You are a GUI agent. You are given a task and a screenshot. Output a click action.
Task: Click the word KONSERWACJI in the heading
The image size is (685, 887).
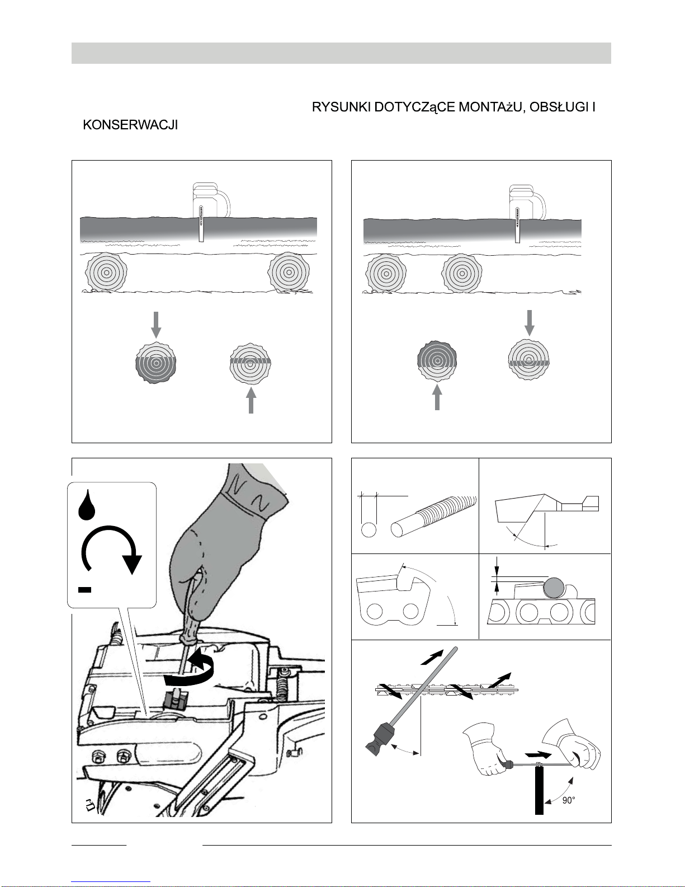[x=130, y=125]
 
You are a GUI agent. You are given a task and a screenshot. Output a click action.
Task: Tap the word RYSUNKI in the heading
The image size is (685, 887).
[x=341, y=107]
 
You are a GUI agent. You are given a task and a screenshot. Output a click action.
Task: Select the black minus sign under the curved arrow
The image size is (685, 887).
[x=84, y=589]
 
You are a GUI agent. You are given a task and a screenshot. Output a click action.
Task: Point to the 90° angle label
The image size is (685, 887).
[x=568, y=800]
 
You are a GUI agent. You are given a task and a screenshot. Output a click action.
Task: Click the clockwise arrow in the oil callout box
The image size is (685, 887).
[x=111, y=549]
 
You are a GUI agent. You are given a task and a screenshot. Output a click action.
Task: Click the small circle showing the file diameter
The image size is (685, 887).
[x=369, y=530]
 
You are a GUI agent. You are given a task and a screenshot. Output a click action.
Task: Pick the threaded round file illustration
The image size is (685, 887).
[x=433, y=515]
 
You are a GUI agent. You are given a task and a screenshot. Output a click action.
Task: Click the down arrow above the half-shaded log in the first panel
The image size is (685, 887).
[x=156, y=325]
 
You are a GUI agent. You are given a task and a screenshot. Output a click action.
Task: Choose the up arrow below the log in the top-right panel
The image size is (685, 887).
[x=437, y=397]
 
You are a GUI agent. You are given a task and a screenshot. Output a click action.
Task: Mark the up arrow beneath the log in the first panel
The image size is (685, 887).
[x=251, y=401]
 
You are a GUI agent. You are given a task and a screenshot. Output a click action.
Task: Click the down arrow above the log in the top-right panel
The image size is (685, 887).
[x=529, y=322]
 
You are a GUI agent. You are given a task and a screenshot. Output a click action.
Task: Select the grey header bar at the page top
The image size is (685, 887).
[x=341, y=53]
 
